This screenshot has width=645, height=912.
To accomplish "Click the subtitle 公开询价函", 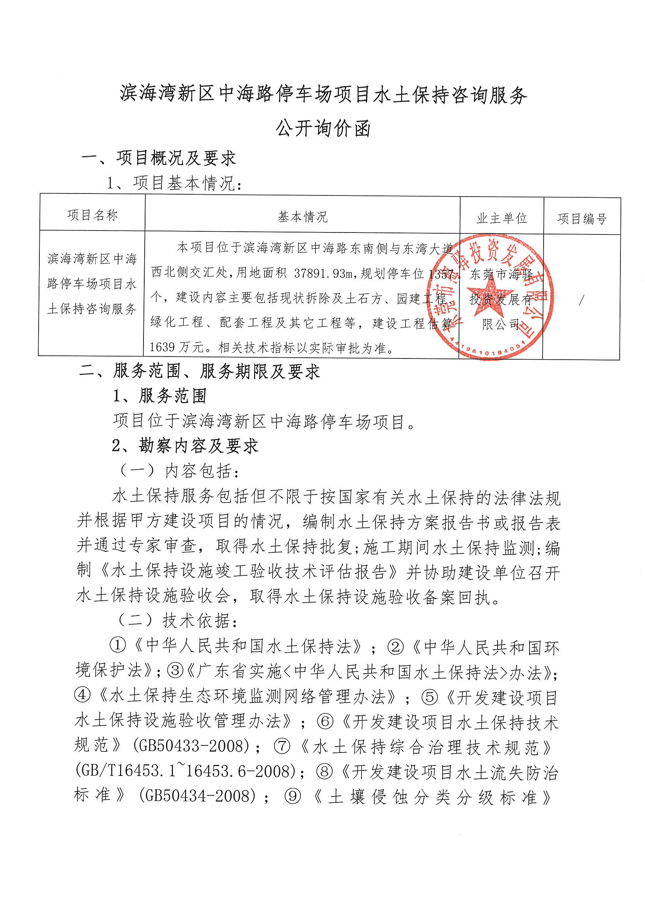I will point(323,129).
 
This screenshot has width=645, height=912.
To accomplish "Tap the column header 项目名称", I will point(92,215).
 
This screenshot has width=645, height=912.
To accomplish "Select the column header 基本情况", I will point(302,217).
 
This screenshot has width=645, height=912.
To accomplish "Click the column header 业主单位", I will point(501,218).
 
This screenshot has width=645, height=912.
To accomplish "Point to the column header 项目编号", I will point(582,219).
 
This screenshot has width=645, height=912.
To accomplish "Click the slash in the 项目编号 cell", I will point(581,300).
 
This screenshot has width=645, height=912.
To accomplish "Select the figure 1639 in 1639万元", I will point(163,348).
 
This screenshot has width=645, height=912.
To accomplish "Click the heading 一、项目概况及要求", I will point(158,158).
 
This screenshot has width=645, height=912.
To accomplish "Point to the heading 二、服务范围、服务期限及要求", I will point(199,371).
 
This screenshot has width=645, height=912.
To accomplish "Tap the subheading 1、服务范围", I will point(159,396).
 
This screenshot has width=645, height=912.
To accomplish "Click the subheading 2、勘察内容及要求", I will point(185,446).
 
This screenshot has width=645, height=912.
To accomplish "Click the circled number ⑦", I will point(282,746).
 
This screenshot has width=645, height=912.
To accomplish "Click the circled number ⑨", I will point(293,796).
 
